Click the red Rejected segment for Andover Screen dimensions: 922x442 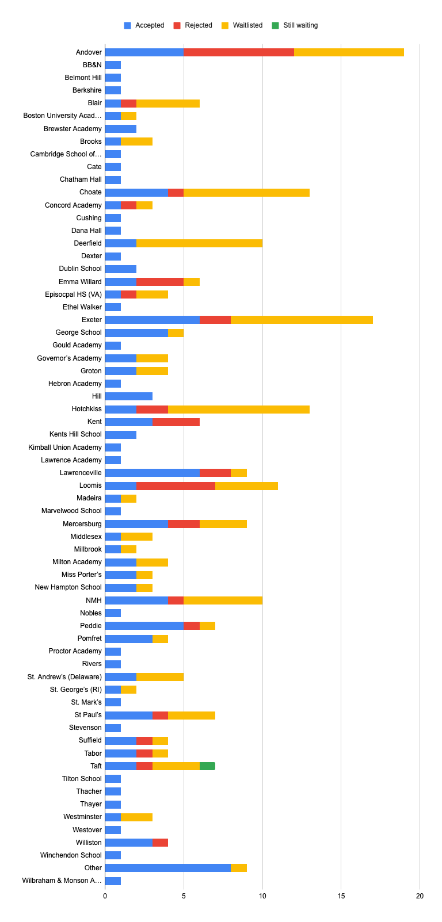[239, 52]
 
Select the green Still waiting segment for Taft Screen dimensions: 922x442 [207, 766]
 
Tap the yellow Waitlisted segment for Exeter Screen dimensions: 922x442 [302, 320]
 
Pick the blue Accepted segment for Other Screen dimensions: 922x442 [167, 868]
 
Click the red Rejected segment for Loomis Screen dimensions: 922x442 [176, 485]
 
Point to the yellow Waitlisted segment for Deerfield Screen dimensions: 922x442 [199, 243]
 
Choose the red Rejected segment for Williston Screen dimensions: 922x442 [160, 843]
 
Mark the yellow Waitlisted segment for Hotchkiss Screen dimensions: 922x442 [239, 409]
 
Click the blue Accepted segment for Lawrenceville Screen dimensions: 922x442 [152, 473]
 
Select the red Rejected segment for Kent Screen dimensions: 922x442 [176, 422]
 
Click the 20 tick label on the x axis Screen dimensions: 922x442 [420, 896]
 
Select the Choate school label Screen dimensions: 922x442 [90, 192]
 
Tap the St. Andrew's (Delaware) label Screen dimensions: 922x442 [64, 677]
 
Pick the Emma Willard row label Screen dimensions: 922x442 [80, 282]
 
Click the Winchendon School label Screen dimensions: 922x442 [71, 855]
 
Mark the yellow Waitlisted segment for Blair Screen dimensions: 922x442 [167, 104]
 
